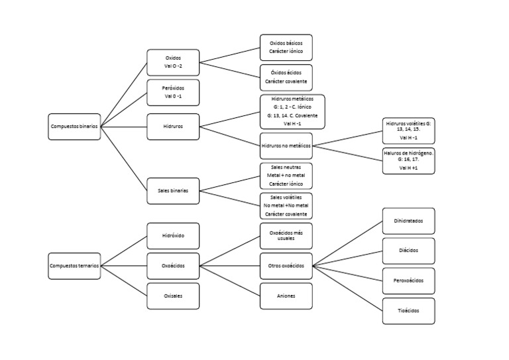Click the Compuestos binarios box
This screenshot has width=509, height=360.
74,126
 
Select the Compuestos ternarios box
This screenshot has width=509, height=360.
74,266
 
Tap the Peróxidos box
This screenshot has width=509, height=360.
172,93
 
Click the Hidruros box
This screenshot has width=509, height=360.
172,126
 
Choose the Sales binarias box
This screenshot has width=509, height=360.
172,190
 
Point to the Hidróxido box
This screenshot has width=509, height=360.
172,236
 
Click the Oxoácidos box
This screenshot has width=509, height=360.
172,266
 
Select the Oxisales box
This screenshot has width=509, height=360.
172,296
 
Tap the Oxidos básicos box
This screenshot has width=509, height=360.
286,47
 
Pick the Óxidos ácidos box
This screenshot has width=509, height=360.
286,78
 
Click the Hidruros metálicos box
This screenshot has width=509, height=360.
292,111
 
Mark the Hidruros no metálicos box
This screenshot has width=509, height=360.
286,145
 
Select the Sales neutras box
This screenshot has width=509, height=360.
286,176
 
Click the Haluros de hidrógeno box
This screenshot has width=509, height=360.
409,161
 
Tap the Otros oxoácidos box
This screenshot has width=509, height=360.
286,266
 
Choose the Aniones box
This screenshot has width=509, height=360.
286,296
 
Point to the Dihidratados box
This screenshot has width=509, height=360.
409,221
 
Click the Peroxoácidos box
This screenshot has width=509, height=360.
409,281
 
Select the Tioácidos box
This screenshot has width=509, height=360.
409,311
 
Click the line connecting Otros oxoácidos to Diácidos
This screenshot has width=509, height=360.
348,259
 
